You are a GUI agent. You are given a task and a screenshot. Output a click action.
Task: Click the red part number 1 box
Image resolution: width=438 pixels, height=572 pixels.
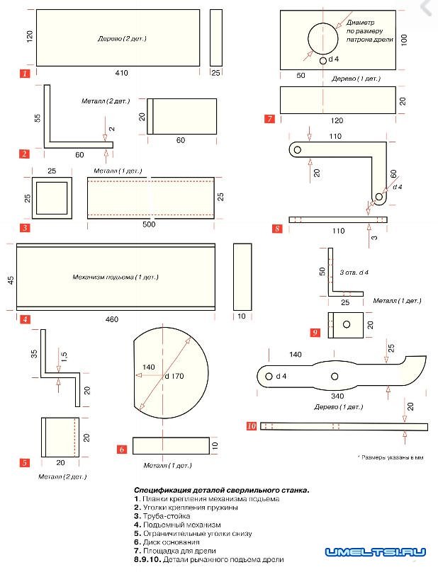tap(25, 72)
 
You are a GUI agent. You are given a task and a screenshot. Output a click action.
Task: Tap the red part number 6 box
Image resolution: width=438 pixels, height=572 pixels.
tap(122, 449)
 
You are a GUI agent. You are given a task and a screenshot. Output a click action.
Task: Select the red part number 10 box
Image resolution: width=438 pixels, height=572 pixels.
tap(251, 426)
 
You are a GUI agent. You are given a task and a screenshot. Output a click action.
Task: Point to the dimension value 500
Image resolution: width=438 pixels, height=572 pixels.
tap(149, 224)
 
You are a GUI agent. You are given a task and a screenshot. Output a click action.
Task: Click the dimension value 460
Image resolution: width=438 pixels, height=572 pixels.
tap(112, 319)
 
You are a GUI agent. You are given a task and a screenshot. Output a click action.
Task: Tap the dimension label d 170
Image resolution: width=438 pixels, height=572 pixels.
tap(174, 376)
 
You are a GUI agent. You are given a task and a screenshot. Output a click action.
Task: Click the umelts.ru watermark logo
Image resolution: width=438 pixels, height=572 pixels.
tap(375, 551)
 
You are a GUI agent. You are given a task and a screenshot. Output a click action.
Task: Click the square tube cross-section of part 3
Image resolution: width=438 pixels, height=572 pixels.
tap(52, 198)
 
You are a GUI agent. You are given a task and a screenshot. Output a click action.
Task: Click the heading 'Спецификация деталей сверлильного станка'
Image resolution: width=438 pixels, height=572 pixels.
tap(222, 490)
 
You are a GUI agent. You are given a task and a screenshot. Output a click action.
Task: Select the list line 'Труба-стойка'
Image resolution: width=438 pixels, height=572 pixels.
tap(166, 516)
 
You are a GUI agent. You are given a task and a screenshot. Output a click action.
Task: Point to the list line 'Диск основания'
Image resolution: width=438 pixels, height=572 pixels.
tap(171, 542)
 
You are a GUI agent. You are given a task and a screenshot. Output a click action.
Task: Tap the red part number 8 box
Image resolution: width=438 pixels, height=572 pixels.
tap(277, 229)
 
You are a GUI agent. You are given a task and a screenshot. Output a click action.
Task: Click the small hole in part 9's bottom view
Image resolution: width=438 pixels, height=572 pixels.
tap(347, 324)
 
